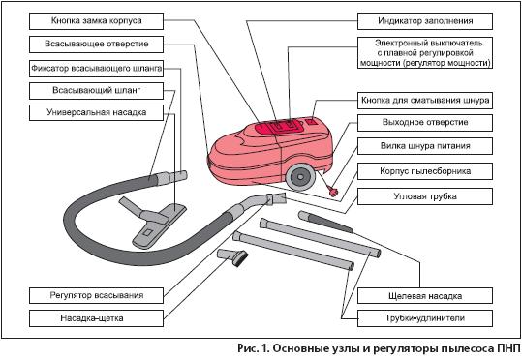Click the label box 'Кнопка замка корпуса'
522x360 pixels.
[x=96, y=21]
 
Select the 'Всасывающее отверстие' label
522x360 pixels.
[x=96, y=45]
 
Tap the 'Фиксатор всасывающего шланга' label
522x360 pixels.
[x=96, y=69]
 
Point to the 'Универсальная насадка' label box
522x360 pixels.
[x=96, y=112]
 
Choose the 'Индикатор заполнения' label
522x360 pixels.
[x=425, y=21]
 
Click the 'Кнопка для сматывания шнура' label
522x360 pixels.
[x=425, y=101]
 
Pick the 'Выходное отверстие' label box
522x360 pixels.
[x=425, y=123]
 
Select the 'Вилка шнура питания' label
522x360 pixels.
[x=425, y=146]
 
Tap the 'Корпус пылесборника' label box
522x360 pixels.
[x=425, y=171]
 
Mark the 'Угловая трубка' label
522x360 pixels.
[x=425, y=196]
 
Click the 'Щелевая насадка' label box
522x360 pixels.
[x=425, y=296]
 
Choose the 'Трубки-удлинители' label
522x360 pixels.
[x=425, y=318]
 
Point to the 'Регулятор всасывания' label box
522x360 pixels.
[x=96, y=295]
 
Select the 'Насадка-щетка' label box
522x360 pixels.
[x=96, y=318]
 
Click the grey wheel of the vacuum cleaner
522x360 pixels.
[x=300, y=176]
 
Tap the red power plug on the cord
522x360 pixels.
[x=332, y=192]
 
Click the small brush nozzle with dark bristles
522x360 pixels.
[x=233, y=257]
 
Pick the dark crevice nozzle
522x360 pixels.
[x=325, y=222]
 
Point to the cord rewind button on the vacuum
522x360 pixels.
[x=312, y=121]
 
